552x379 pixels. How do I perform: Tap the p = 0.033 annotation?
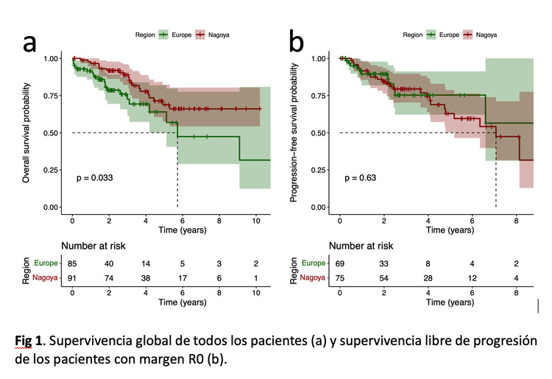(x=93, y=178)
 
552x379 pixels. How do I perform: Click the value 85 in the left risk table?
(x=72, y=263)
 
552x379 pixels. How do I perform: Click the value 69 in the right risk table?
(x=340, y=263)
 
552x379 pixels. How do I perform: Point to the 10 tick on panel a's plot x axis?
(x=255, y=220)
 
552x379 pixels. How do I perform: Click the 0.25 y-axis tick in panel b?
(x=319, y=170)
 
